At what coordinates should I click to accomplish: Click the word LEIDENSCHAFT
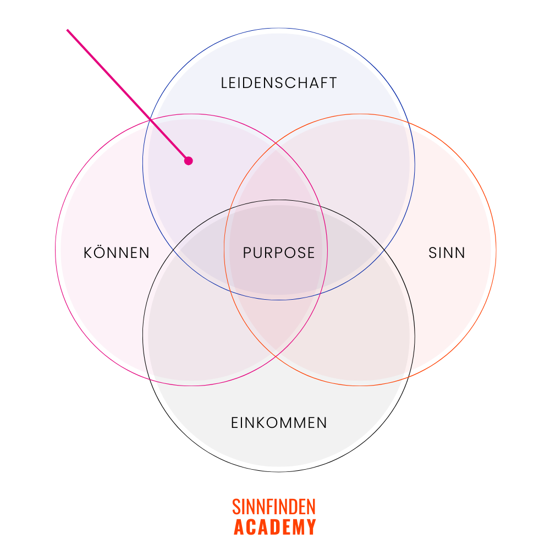click(279, 83)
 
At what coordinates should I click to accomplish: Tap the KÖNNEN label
click(117, 253)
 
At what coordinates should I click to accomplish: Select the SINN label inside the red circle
click(447, 253)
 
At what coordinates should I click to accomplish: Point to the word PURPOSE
click(279, 253)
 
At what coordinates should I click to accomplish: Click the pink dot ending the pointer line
click(189, 161)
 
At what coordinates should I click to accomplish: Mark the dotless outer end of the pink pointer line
click(68, 30)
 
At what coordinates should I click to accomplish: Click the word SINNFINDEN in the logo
click(274, 507)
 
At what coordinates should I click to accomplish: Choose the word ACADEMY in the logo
click(274, 527)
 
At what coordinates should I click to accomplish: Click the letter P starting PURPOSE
click(247, 253)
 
